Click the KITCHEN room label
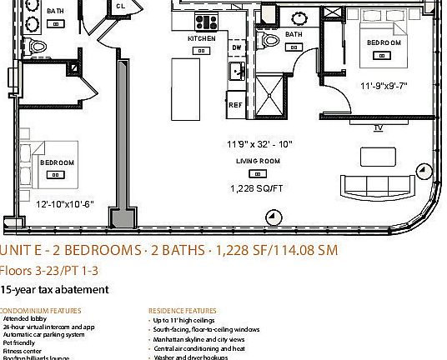tap(201, 39)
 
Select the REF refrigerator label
tap(235, 106)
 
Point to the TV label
tap(378, 127)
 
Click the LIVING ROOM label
tap(257, 161)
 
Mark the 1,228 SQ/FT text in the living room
tap(258, 189)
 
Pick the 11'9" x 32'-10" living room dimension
tap(259, 144)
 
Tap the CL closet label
tap(121, 6)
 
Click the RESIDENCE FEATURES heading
tap(182, 311)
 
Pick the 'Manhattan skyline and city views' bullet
tap(198, 340)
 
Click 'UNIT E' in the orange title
tap(20, 251)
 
